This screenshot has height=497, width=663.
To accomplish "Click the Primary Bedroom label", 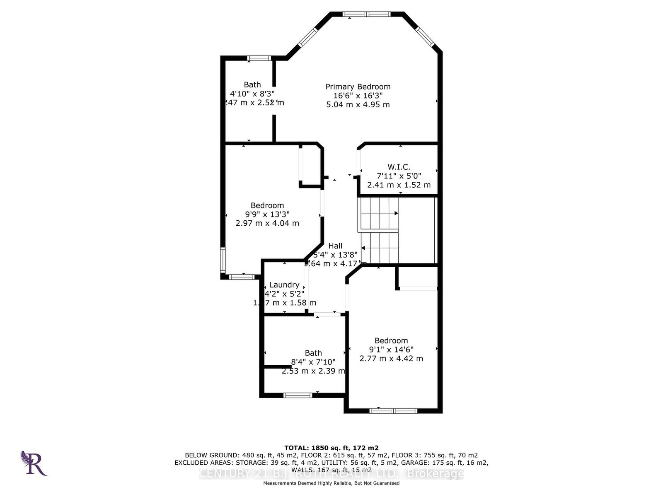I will pyautogui.click(x=358, y=87).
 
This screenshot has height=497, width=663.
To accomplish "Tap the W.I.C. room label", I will pyautogui.click(x=399, y=167).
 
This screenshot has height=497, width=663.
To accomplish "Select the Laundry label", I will pyautogui.click(x=284, y=285).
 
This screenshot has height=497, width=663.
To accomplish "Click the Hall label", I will pyautogui.click(x=335, y=246).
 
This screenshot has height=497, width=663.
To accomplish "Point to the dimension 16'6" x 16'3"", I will pyautogui.click(x=358, y=95).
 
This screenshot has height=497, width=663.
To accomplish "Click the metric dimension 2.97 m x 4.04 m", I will pyautogui.click(x=267, y=223).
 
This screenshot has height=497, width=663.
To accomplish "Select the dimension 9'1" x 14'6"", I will pyautogui.click(x=391, y=350).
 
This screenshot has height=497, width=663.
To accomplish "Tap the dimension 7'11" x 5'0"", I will pyautogui.click(x=399, y=176).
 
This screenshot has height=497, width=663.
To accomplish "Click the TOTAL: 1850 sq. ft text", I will pyautogui.click(x=331, y=448).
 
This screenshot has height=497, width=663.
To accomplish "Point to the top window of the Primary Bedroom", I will pyautogui.click(x=367, y=14).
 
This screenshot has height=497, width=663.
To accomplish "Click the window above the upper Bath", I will pyautogui.click(x=259, y=58).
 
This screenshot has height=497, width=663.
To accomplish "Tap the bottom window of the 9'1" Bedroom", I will pyautogui.click(x=393, y=410).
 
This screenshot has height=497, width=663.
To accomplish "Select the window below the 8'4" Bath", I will pyautogui.click(x=298, y=395).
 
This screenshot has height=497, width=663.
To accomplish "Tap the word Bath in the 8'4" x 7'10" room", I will pyautogui.click(x=313, y=353).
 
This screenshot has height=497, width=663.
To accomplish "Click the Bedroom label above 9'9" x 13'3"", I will pyautogui.click(x=267, y=205).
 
